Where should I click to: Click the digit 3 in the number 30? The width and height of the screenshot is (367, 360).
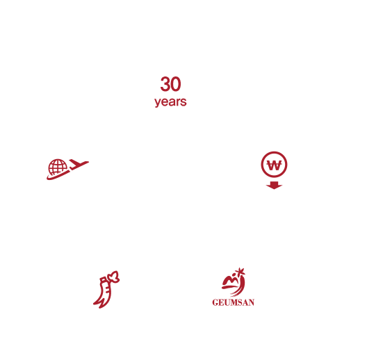[x=165, y=84]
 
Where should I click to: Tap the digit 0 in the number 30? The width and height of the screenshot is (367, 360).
[x=176, y=84]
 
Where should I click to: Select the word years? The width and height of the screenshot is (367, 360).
[x=170, y=102]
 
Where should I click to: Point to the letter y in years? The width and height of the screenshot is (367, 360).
[x=157, y=103]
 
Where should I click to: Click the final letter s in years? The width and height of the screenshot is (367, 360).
[x=184, y=102]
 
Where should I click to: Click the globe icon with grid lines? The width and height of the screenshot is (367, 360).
[x=58, y=167]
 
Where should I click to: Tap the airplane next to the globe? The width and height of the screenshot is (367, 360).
[x=79, y=163]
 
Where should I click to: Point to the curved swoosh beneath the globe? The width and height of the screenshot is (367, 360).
[x=58, y=175]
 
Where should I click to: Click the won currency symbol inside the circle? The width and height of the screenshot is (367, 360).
[x=274, y=165]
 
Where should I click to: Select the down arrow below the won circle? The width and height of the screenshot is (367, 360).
[x=274, y=185]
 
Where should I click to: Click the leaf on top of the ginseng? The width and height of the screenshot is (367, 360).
[x=113, y=276]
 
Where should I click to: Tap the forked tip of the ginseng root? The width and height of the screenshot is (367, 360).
[x=98, y=304]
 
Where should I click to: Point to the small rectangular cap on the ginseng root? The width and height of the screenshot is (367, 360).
[x=104, y=279]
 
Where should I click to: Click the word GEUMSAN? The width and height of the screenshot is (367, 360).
[x=234, y=302]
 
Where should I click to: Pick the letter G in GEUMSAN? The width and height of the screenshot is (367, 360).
[x=215, y=302]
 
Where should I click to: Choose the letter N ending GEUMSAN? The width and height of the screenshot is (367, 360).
[x=252, y=302]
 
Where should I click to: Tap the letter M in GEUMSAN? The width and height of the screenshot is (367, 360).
[x=233, y=302]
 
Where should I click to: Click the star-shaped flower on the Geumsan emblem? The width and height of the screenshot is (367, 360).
[x=240, y=272]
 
